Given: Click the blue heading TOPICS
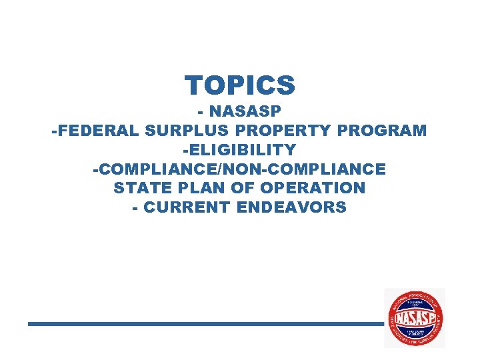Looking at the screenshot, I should (x=240, y=85).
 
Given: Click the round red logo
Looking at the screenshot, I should (x=415, y=318).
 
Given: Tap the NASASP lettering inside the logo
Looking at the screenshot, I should (x=415, y=318).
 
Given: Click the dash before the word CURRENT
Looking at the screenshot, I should (x=136, y=207).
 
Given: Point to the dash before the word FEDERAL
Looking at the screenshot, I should (x=54, y=131).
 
